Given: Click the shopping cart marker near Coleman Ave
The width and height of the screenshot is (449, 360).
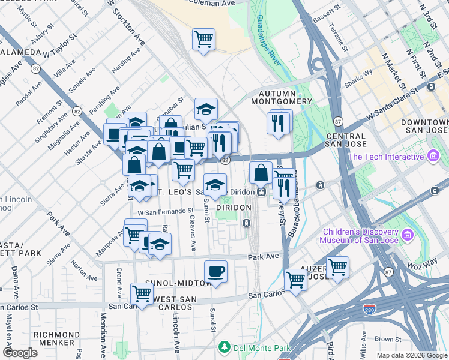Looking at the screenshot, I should (204, 40).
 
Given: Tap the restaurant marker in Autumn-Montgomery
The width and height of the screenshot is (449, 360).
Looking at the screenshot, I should (278, 123).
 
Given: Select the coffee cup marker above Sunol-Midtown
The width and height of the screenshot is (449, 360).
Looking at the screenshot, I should (216, 272).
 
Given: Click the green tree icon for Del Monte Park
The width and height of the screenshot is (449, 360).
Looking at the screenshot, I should (224, 347).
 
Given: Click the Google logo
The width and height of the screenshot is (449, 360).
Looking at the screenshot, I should (20, 352).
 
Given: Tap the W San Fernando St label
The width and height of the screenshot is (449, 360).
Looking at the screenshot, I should (166, 211).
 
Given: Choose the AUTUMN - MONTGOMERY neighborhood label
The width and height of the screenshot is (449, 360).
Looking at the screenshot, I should (285, 97).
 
